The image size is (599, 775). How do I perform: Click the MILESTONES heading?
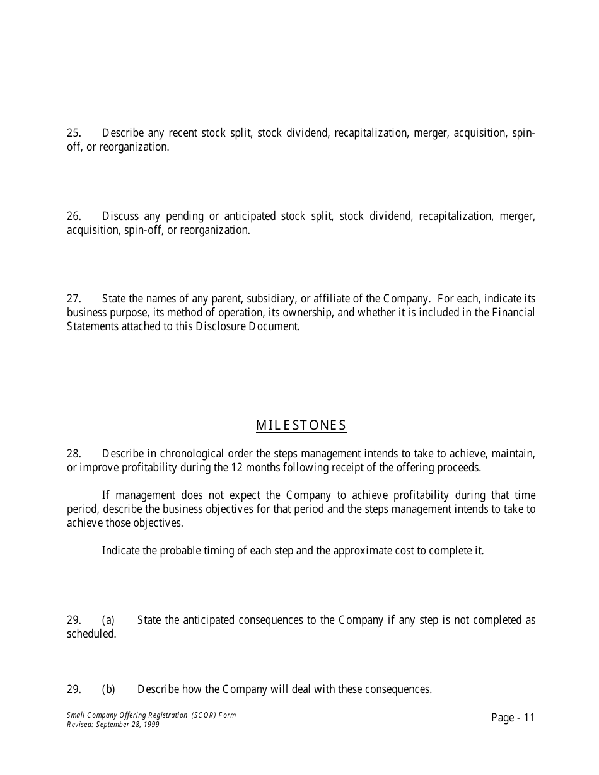301,425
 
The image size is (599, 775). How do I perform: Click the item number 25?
74,133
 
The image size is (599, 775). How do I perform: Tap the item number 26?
74,216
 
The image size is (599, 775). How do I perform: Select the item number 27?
74,299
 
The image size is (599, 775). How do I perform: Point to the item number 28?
74,454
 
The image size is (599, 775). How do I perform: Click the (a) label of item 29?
108,620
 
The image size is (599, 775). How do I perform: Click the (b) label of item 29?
108,689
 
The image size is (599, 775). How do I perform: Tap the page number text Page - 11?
513,718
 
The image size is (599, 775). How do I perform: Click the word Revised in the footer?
78,725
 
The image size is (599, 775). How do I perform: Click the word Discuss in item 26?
120,216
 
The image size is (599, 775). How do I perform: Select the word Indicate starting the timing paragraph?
120,551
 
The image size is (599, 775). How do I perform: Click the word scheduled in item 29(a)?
91,634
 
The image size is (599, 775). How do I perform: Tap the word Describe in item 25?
123,133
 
